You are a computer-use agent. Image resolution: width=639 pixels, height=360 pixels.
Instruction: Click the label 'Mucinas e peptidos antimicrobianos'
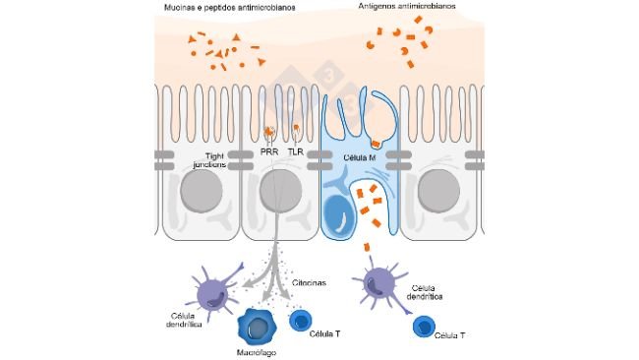click(x=231, y=8)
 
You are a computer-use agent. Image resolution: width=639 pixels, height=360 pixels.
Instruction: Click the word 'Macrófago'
click(x=257, y=351)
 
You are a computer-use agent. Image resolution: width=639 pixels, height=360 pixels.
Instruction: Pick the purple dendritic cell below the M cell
click(x=379, y=284)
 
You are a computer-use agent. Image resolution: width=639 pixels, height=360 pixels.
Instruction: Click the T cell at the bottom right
click(x=424, y=327)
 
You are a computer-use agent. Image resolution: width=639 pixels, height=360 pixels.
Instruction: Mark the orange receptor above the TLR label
click(x=297, y=129)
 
